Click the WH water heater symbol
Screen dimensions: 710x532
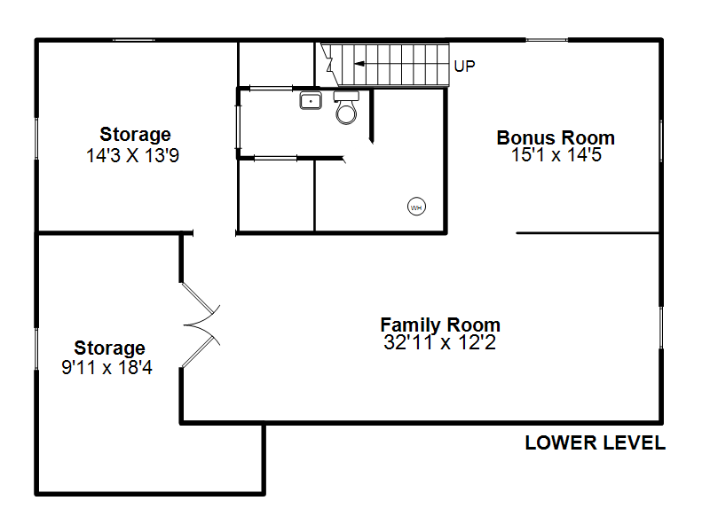[x=416, y=207]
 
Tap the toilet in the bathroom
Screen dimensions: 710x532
[x=346, y=107]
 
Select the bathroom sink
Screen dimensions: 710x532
[x=311, y=100]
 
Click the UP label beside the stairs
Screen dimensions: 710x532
[x=464, y=66]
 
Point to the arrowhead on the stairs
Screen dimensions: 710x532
[x=359, y=64]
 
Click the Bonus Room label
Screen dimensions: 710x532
[x=556, y=137]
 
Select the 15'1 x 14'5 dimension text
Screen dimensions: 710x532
[x=556, y=154]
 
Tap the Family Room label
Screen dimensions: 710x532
[x=440, y=325]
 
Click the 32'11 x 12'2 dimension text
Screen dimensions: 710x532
[x=439, y=342]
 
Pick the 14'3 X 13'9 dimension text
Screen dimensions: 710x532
[x=132, y=156]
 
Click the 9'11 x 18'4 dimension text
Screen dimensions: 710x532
[x=106, y=367]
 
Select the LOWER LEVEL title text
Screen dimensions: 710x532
[x=595, y=442]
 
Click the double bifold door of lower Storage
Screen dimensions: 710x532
[x=201, y=325]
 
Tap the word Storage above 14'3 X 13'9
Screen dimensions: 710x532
[x=136, y=135]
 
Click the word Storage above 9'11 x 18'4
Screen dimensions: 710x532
[x=109, y=348]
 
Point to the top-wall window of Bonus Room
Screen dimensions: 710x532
[x=547, y=40]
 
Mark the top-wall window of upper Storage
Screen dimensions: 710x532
[x=134, y=40]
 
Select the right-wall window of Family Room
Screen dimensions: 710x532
[x=661, y=327]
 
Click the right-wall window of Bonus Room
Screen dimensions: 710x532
[x=661, y=140]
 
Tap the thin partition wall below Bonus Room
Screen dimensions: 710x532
[x=588, y=233]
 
